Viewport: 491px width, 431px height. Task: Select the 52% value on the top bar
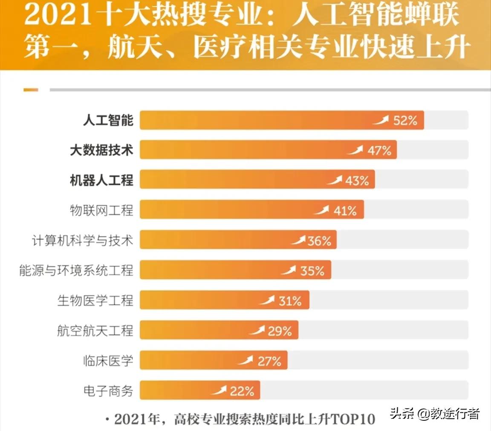[x=405, y=121]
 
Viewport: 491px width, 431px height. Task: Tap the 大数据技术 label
[x=101, y=150]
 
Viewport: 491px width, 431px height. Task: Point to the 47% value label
[x=379, y=150]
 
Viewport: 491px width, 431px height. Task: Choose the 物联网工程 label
[x=101, y=210]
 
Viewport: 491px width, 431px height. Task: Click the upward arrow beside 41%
[x=321, y=210]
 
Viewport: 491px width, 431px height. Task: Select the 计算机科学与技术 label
[x=82, y=240]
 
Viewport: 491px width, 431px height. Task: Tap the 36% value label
[x=319, y=241]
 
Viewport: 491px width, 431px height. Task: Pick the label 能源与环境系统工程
[x=76, y=270]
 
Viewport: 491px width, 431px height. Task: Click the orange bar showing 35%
[x=213, y=270]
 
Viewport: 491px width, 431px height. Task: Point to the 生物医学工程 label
[x=95, y=301]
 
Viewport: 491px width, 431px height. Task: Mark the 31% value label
[x=290, y=301]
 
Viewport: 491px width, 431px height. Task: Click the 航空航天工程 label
[x=95, y=331]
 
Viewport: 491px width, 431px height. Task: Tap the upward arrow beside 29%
[x=257, y=330]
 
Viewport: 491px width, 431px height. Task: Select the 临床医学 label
[x=108, y=361]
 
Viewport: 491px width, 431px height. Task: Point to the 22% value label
[x=242, y=391]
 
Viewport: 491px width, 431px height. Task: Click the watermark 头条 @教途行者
[x=435, y=414]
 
